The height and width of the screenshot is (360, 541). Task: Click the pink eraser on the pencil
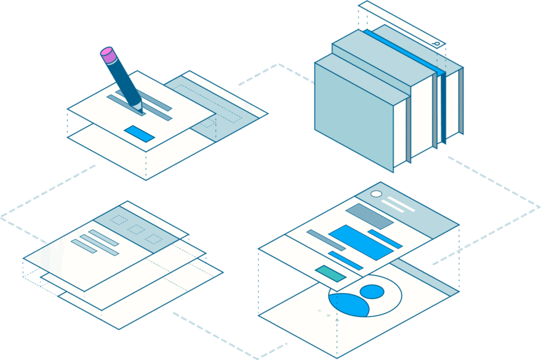(x=108, y=54)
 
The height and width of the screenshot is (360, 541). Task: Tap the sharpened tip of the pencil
(x=138, y=108)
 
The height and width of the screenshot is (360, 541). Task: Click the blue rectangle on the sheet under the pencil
(x=139, y=134)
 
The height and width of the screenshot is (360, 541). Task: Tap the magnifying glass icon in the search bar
(x=436, y=43)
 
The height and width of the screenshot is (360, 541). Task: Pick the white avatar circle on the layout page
(x=376, y=194)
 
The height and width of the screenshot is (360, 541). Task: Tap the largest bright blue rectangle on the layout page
(x=361, y=242)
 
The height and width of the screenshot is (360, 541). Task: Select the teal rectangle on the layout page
(x=331, y=273)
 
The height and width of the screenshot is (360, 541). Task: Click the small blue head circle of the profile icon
(x=372, y=291)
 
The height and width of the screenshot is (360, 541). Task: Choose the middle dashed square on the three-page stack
(x=136, y=229)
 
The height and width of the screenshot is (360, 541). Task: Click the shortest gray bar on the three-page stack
(x=84, y=246)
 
